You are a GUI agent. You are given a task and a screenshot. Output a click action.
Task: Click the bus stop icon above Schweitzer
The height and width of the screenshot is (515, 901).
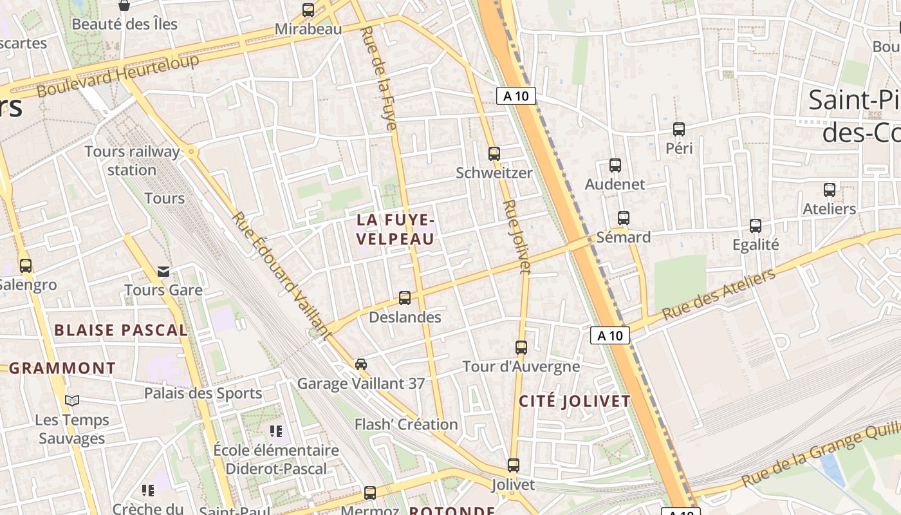tap(494, 154)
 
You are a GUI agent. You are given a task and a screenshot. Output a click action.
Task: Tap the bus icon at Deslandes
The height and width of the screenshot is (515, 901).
tap(405, 298)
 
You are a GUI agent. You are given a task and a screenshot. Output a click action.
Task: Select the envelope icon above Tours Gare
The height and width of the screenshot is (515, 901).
tap(163, 271)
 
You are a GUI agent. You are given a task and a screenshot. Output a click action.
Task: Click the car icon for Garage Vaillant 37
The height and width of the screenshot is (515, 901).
tap(361, 364)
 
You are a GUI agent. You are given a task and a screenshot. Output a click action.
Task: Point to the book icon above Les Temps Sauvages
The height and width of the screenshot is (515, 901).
tap(72, 400)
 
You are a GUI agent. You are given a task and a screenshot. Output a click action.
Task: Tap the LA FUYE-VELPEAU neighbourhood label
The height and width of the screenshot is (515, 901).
tap(396, 229)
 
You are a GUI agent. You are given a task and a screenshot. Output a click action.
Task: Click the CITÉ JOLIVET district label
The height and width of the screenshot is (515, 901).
tap(575, 401)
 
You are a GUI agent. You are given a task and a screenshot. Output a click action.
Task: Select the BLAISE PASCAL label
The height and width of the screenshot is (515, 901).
tap(121, 330)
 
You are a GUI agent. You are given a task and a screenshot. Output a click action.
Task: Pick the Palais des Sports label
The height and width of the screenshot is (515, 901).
tap(203, 393)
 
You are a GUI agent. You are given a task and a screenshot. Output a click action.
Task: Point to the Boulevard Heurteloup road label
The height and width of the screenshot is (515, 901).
tap(118, 75)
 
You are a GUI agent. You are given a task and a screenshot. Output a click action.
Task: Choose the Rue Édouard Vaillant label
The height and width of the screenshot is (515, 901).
tap(281, 275)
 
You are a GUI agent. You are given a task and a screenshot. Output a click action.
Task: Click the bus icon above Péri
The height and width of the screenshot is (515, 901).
tap(679, 129)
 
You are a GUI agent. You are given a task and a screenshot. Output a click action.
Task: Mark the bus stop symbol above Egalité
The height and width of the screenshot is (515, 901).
tap(756, 226)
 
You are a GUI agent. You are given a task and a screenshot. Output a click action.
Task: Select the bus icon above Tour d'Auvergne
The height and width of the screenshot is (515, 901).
tap(521, 348)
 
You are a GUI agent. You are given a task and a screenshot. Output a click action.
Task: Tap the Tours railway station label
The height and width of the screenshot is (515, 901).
tap(132, 161)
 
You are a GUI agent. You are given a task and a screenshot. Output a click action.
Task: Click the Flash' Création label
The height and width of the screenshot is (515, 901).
tap(406, 424)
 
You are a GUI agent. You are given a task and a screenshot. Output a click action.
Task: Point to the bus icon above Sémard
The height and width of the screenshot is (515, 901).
tap(623, 218)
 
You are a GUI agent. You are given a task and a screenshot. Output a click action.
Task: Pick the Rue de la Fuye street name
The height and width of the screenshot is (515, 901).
tap(380, 77)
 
